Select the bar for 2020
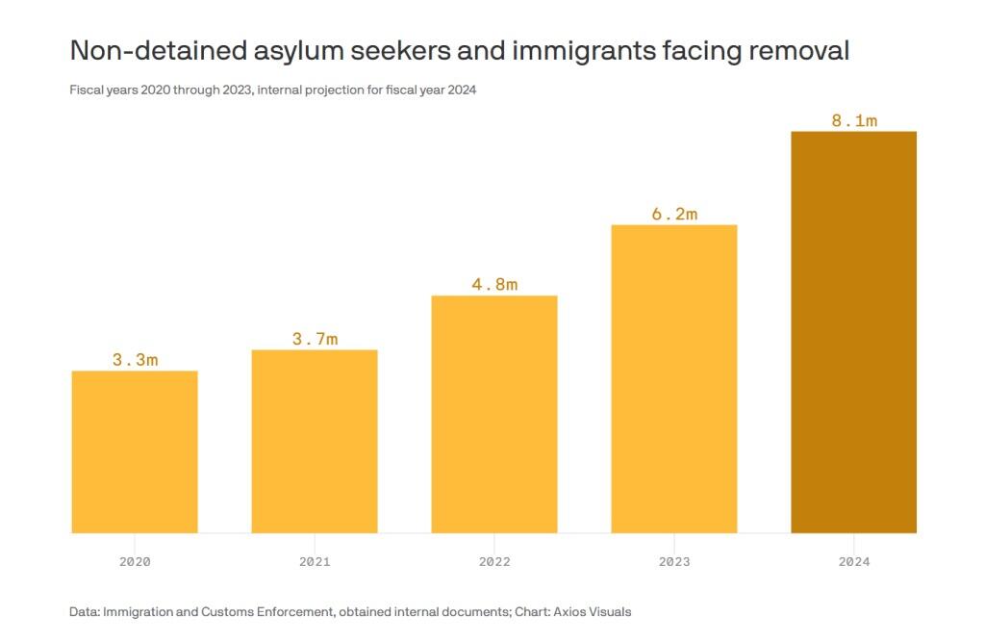point(135,451)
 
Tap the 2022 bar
point(494,414)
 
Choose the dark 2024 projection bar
point(854,332)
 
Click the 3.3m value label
point(135,360)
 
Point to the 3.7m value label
point(315,339)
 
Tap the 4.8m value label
point(494,284)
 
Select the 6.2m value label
point(674,214)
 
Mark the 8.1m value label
point(854,120)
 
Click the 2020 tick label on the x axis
point(135,561)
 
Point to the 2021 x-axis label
point(315,561)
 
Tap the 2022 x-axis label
point(494,561)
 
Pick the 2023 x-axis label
point(674,561)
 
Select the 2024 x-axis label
point(854,561)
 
